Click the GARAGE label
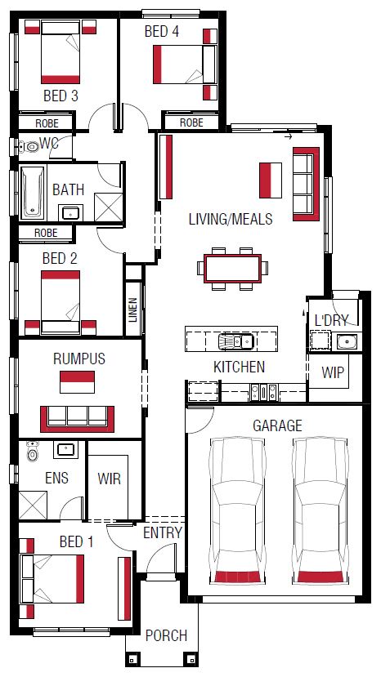tap(277, 425)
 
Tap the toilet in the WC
tap(29, 147)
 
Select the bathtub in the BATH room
tap(33, 192)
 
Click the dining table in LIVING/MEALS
tap(233, 269)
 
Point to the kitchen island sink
tap(235, 341)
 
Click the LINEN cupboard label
tap(132, 310)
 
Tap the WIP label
tap(333, 372)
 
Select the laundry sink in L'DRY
tap(347, 341)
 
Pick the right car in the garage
tap(320, 510)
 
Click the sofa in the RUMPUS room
tap(78, 418)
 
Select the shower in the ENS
tap(33, 506)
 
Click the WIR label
tap(109, 479)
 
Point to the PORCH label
tap(166, 635)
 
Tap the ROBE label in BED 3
tap(47, 123)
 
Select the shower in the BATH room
tap(108, 207)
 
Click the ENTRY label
tap(163, 532)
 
